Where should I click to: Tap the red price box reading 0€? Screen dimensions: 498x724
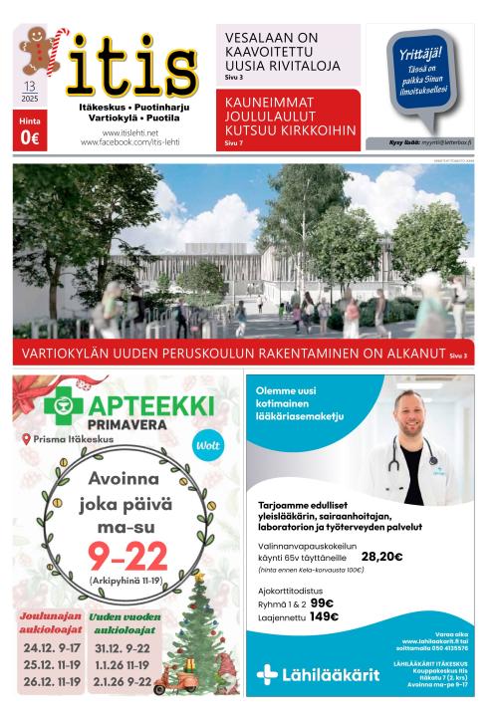click(x=29, y=131)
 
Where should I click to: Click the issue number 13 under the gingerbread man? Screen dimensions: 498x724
click(x=29, y=88)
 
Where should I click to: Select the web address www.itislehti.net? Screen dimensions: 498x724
click(x=129, y=131)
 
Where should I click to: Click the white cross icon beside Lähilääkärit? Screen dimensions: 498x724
click(x=267, y=675)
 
